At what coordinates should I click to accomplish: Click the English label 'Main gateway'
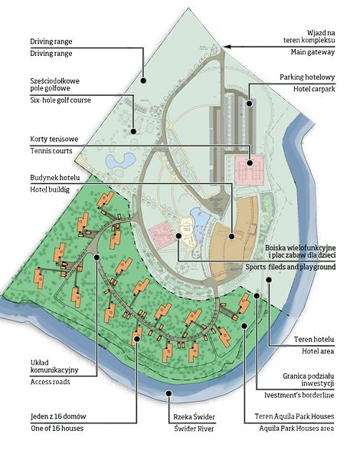[313, 52]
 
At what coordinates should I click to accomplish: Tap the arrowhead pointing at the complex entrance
[227, 47]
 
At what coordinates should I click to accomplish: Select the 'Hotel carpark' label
[314, 89]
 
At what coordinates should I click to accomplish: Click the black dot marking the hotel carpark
[250, 104]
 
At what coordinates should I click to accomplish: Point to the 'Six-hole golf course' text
[61, 100]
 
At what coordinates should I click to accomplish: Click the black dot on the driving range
[143, 81]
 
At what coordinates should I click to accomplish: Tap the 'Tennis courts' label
[51, 151]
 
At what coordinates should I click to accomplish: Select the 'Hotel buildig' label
[50, 189]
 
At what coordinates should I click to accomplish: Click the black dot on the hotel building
[231, 236]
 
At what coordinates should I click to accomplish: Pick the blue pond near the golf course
[120, 160]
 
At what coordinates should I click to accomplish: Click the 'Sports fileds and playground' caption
[290, 267]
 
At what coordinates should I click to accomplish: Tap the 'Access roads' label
[50, 382]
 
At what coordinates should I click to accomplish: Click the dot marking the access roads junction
[97, 257]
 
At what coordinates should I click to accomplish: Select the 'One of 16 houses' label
[57, 429]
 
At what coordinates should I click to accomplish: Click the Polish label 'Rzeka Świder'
[194, 417]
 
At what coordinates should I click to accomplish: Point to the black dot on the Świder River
[169, 393]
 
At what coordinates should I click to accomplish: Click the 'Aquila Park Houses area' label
[296, 429]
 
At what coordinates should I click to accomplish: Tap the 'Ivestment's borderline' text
[299, 396]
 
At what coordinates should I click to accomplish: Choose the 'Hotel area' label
[318, 351]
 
